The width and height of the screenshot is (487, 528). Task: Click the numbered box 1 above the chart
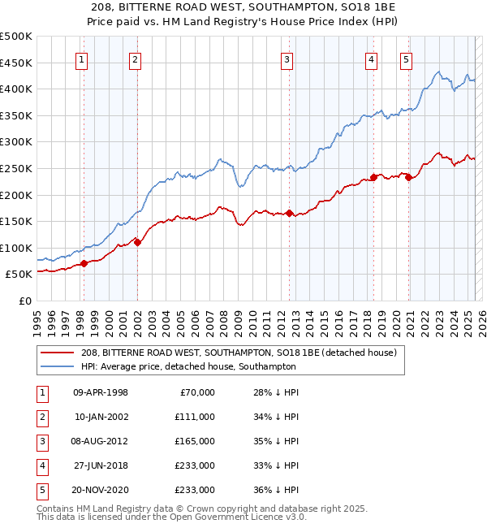click(x=83, y=58)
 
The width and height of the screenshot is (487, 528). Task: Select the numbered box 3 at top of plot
click(x=287, y=58)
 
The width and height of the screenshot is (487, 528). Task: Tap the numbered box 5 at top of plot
click(x=406, y=58)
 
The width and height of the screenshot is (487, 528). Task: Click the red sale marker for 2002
click(x=137, y=241)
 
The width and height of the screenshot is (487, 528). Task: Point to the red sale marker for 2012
click(x=290, y=213)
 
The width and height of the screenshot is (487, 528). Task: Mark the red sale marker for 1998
click(x=84, y=263)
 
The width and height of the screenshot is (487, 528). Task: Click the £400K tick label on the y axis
click(x=17, y=89)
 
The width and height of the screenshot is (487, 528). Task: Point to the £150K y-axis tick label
click(x=17, y=221)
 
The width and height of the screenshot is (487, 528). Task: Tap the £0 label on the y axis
click(x=25, y=301)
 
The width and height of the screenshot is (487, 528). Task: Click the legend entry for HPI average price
click(x=188, y=366)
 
